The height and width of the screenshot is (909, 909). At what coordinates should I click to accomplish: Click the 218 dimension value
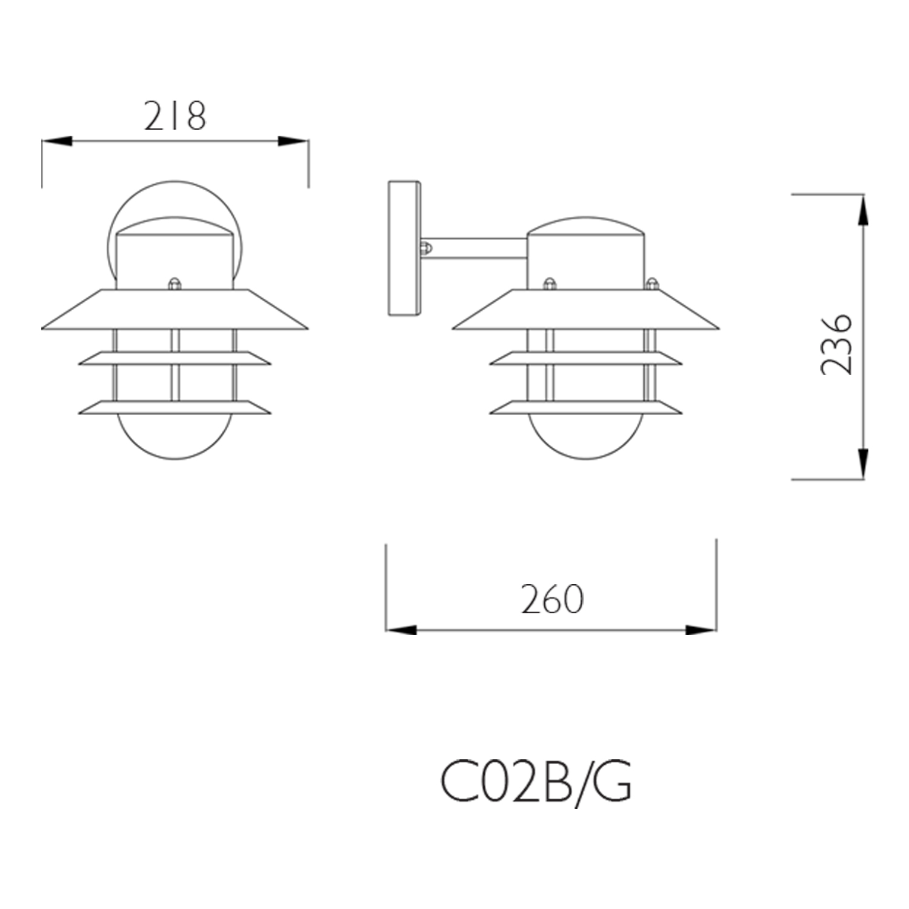[x=175, y=116]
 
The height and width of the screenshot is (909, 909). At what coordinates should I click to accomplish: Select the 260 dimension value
[x=552, y=599]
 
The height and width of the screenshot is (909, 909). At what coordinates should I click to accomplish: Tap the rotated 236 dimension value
[x=837, y=344]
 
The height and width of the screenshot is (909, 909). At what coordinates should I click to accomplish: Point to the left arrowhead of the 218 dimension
[x=57, y=141]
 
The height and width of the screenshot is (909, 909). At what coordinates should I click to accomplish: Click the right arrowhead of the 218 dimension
[x=293, y=141]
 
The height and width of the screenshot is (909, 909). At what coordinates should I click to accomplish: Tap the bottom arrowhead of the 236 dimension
[x=863, y=464]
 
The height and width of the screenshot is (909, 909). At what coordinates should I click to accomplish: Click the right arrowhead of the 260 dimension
[x=701, y=630]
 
